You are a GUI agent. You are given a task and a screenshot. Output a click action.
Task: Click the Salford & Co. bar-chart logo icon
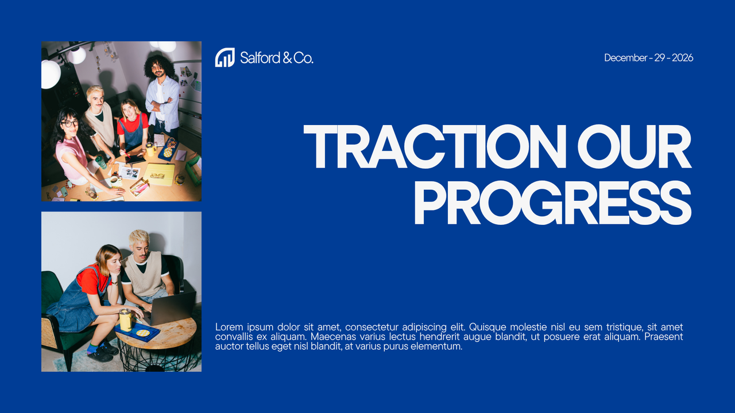click(225, 57)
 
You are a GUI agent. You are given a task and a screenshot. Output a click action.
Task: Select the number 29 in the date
click(660, 58)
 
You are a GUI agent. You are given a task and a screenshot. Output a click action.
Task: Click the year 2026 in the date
click(683, 58)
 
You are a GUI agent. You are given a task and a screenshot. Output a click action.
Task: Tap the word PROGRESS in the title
click(552, 202)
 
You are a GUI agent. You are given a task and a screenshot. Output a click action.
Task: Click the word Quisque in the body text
click(488, 327)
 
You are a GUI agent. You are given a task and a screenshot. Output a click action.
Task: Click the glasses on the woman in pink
click(69, 123)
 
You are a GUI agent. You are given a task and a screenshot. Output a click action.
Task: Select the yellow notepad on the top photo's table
click(159, 174)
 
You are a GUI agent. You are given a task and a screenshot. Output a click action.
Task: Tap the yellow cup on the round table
click(125, 319)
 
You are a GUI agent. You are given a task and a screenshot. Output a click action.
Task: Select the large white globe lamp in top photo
click(50, 75)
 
